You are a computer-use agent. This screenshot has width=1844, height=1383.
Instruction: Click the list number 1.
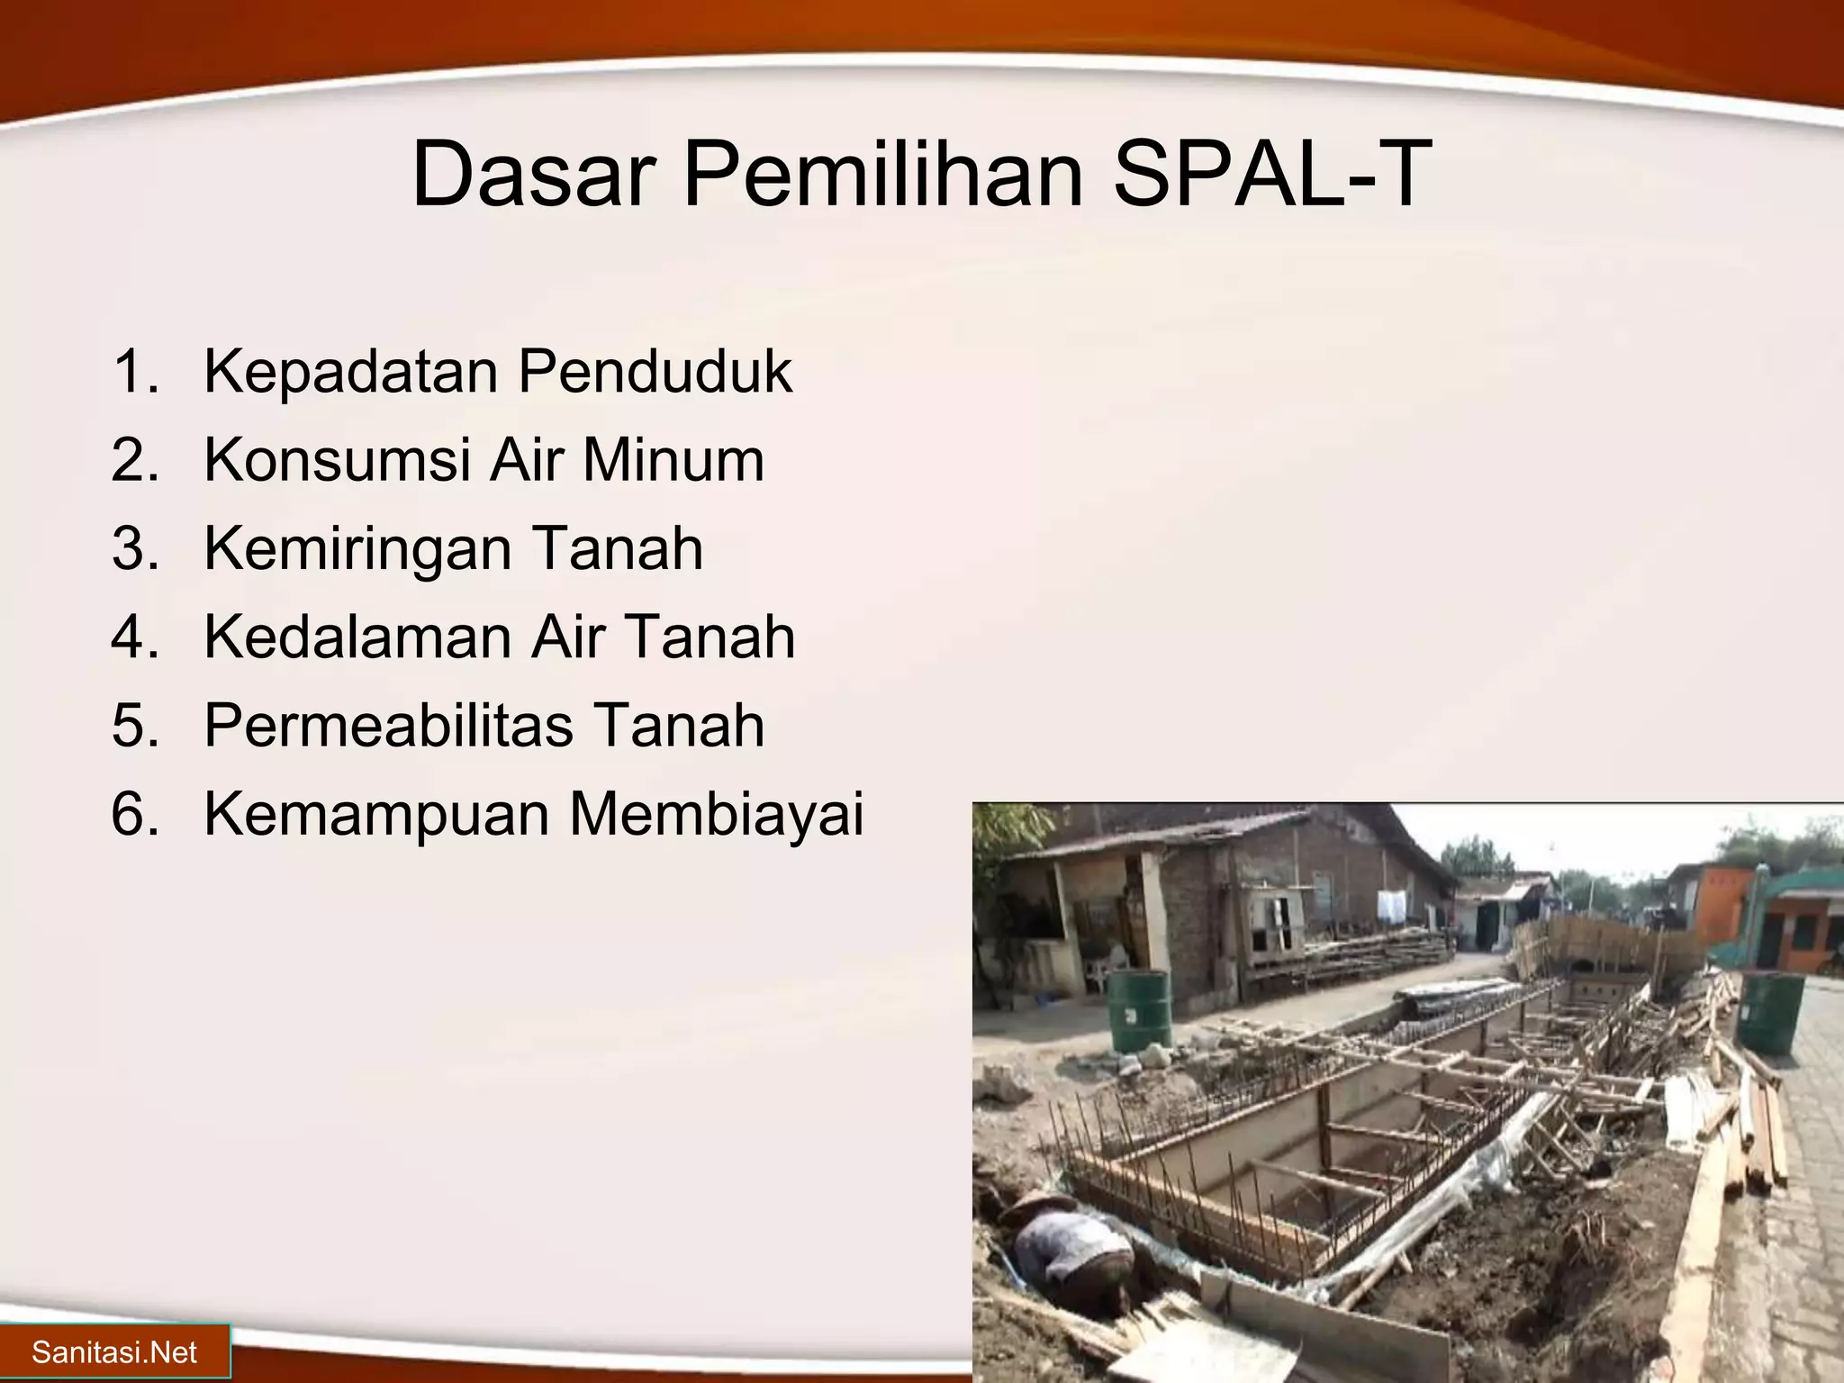tap(134, 371)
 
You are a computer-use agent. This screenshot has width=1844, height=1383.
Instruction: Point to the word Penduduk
tap(655, 371)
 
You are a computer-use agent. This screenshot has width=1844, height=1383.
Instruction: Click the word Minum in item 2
tap(673, 459)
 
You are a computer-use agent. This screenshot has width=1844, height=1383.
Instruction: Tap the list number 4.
tap(134, 637)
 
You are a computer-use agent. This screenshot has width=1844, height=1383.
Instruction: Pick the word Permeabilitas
tap(388, 725)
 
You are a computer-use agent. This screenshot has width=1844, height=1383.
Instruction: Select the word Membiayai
tap(716, 813)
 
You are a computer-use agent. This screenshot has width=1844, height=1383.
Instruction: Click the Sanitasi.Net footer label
tap(114, 1351)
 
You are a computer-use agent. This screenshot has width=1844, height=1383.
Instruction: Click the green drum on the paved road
tap(1769, 1012)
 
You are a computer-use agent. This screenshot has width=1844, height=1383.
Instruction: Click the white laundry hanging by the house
tap(1390, 905)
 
